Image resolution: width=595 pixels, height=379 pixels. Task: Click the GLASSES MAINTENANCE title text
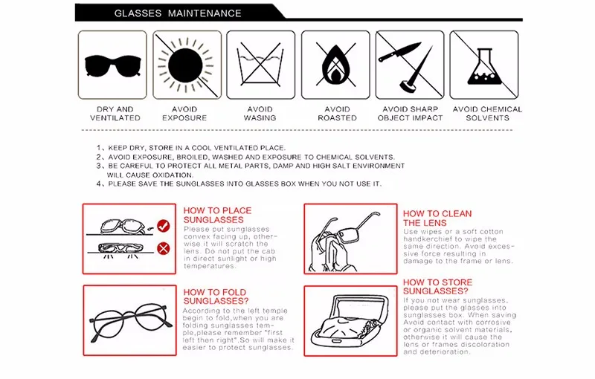(x=178, y=13)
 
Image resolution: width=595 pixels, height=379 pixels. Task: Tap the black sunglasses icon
(x=113, y=66)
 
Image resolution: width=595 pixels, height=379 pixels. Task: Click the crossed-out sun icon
(x=185, y=65)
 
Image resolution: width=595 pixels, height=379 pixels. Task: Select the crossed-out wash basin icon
(x=260, y=65)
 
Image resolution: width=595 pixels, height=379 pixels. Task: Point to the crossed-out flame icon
(x=336, y=65)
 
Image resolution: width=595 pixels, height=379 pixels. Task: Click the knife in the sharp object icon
(x=397, y=52)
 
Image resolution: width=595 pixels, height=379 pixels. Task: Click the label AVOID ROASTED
(x=337, y=114)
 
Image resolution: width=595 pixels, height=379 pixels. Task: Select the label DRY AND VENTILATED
(x=115, y=114)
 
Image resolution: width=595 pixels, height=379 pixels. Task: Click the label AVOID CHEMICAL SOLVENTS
(x=487, y=114)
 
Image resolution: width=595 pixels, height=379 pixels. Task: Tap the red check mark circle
(x=164, y=226)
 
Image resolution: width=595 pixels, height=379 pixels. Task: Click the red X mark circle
(x=164, y=249)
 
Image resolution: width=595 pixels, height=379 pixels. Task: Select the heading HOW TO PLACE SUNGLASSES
(x=217, y=216)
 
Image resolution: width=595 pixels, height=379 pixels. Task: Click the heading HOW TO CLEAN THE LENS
(x=437, y=218)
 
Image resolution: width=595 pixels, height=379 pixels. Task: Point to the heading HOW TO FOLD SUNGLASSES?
(x=216, y=297)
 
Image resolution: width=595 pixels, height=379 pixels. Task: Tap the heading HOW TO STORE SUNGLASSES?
(x=437, y=287)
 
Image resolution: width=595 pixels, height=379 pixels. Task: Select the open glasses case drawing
(x=350, y=320)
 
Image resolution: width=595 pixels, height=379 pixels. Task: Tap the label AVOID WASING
(x=260, y=114)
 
